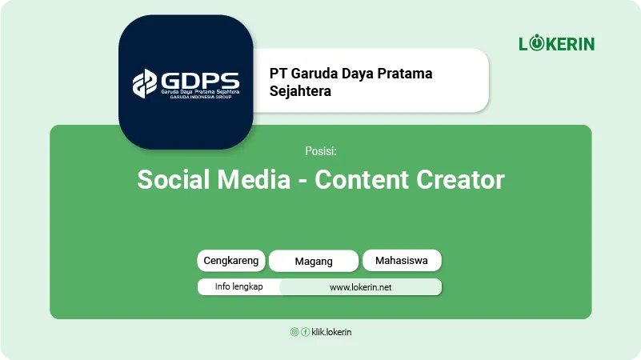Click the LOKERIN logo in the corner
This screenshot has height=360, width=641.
(x=557, y=43)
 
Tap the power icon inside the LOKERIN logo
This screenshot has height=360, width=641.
(x=537, y=43)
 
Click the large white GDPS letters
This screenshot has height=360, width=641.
(x=200, y=80)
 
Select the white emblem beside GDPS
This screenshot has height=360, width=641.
(x=145, y=83)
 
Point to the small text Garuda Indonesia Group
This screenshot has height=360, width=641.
(x=201, y=97)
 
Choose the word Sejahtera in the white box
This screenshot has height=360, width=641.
(x=300, y=91)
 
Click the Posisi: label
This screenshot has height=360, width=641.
(x=321, y=151)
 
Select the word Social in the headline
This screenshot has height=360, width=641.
(x=174, y=179)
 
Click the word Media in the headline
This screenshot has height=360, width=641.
(x=254, y=179)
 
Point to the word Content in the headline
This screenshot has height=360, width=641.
(x=362, y=179)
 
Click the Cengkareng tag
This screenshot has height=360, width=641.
(x=231, y=261)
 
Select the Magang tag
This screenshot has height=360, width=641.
(x=314, y=261)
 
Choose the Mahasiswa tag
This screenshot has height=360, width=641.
(x=402, y=260)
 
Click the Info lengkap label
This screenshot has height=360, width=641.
(x=238, y=286)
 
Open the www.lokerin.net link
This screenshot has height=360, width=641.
(x=361, y=287)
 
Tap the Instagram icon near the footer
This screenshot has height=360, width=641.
(x=294, y=332)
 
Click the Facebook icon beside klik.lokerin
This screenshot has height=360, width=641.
(x=306, y=332)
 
